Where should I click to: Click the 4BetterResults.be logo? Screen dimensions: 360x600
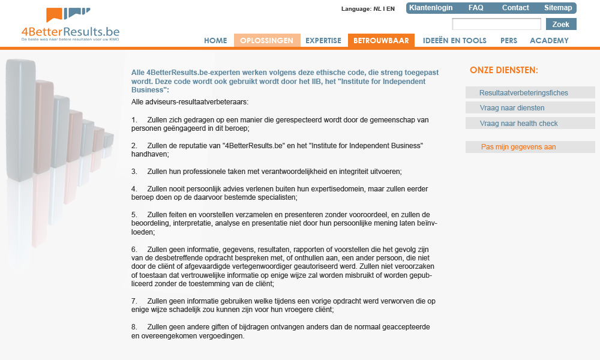(x=70, y=25)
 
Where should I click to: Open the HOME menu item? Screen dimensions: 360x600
(x=215, y=41)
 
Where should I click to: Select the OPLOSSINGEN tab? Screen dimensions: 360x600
(x=266, y=41)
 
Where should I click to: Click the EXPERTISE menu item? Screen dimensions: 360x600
(x=323, y=41)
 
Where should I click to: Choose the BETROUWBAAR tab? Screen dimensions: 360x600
(x=381, y=41)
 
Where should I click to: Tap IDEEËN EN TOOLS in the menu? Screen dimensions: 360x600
(x=455, y=41)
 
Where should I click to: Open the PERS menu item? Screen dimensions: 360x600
(x=509, y=41)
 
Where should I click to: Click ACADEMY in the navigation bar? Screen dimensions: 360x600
(x=549, y=41)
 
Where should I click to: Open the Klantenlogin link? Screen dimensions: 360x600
(x=431, y=8)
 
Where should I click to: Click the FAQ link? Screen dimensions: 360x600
(x=476, y=8)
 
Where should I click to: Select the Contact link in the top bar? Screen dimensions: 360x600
(x=515, y=8)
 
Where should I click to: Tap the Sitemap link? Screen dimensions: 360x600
(x=558, y=8)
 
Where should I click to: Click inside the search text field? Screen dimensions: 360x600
(x=496, y=24)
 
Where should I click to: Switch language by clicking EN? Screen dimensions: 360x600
(x=391, y=9)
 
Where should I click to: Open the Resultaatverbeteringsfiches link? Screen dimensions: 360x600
(x=524, y=93)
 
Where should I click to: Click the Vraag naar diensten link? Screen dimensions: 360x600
(x=512, y=108)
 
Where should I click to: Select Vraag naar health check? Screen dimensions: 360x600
(x=519, y=124)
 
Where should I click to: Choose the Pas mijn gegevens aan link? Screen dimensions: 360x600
(x=518, y=147)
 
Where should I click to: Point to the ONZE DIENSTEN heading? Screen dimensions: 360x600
(x=504, y=70)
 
